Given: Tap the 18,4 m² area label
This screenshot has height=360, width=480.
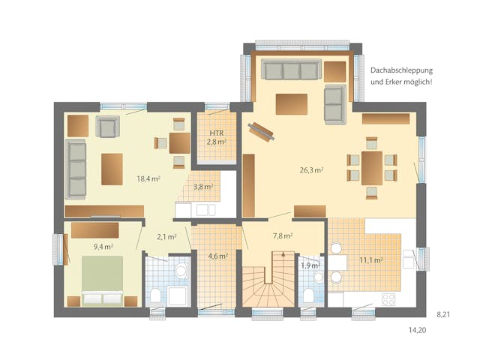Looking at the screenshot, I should (148, 178).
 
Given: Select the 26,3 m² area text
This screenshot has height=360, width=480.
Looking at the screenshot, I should (310, 170).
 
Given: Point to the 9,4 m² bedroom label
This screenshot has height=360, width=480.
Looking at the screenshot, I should (103, 246).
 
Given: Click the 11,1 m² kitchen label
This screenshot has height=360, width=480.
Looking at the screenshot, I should (371, 260).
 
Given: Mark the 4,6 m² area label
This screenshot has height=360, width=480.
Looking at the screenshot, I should (217, 256).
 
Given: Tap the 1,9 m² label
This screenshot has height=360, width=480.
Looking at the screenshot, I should (309, 265).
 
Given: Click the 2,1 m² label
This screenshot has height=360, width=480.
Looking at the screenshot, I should (166, 237).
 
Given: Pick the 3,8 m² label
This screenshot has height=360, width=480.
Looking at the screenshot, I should (202, 187).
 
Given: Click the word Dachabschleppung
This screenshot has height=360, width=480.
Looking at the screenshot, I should (400, 70).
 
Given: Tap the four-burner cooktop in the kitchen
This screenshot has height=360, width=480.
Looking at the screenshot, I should (388, 298).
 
